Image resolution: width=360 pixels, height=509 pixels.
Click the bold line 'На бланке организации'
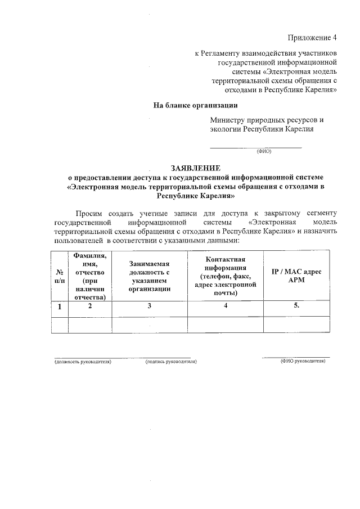click(196, 105)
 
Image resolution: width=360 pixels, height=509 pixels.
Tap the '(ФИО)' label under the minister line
click(264, 151)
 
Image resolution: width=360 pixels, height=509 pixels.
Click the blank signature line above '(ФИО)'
click(256, 147)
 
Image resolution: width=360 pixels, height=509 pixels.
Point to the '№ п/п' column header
click(59, 276)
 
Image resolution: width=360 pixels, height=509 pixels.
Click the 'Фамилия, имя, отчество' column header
click(90, 276)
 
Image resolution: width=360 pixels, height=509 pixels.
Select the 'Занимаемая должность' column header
click(149, 276)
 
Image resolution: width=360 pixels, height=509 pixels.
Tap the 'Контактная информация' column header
click(225, 276)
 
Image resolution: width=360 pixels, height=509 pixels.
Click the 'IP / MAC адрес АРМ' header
click(296, 276)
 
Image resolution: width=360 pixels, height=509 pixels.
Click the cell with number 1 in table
click(59, 307)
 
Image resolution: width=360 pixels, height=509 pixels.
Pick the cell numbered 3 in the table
click(149, 307)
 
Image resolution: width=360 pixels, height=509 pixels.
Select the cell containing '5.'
click(296, 307)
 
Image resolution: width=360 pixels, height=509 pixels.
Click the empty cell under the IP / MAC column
click(296, 325)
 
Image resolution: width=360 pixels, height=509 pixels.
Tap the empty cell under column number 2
click(90, 325)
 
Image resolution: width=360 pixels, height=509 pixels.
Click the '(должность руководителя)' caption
click(83, 362)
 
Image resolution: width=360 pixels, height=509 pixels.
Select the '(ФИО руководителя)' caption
click(303, 361)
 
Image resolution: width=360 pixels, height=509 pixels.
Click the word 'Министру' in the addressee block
click(228, 120)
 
